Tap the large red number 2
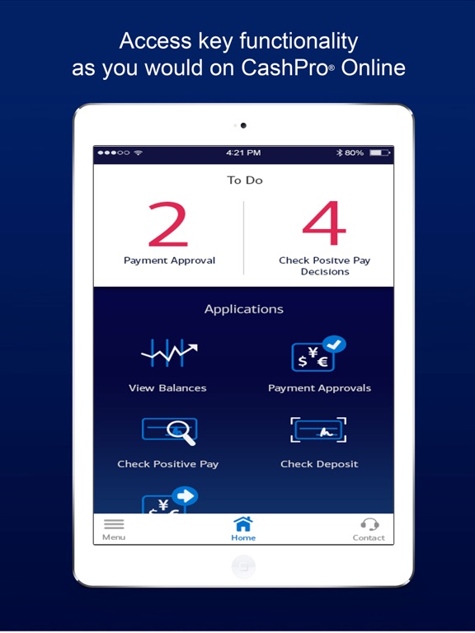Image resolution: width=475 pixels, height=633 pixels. [168, 224]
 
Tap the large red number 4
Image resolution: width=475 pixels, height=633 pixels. [324, 223]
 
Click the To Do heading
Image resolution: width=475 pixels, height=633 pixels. [245, 180]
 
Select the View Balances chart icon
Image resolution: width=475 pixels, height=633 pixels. [169, 354]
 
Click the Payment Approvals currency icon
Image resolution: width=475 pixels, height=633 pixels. [318, 354]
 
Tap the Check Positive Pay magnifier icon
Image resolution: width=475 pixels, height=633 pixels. [170, 431]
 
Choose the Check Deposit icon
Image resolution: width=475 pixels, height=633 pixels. [318, 430]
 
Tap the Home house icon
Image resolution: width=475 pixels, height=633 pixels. [243, 523]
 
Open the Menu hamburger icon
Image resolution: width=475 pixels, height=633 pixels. [114, 524]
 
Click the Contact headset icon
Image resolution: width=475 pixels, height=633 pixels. [369, 524]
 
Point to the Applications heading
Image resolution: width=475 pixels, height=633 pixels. [244, 309]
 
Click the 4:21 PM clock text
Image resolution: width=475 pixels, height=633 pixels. [243, 152]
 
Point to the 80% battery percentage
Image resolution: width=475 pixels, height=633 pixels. [355, 152]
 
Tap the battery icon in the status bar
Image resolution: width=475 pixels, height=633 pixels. [379, 152]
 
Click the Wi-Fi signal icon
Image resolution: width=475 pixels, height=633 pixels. [139, 152]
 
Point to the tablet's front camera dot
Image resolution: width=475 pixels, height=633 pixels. [243, 125]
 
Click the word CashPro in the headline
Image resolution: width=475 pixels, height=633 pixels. [285, 68]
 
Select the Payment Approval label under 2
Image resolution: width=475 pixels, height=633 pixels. [169, 260]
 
